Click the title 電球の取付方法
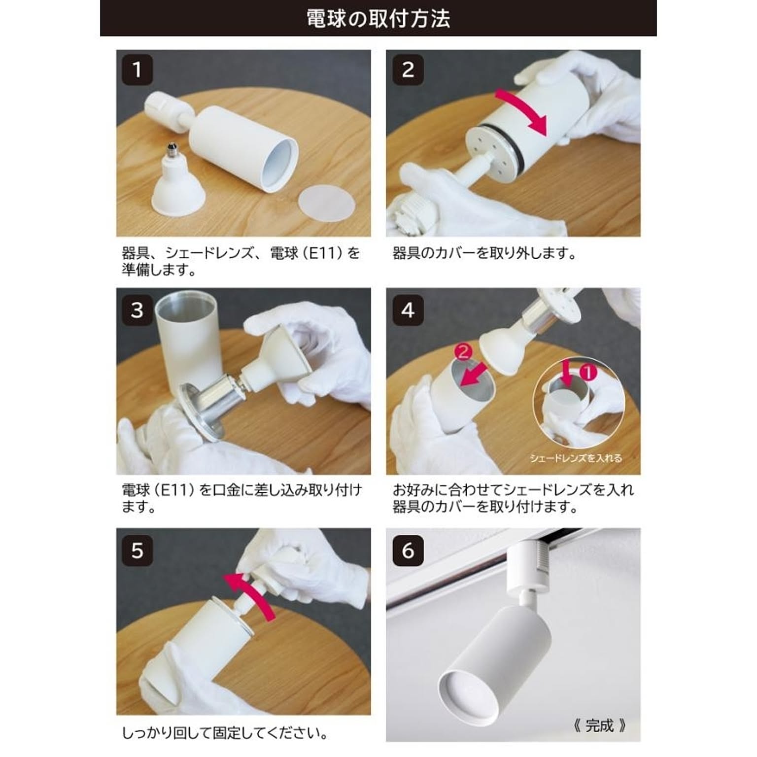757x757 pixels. coord(378,19)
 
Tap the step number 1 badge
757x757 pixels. coord(137,69)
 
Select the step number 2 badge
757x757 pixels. coord(408,69)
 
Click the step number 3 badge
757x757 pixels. coord(137,310)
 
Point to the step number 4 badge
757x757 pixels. coord(408,310)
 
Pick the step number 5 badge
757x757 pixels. coord(137,550)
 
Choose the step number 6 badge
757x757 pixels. coord(408,550)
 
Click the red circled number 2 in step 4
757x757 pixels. coord(462,352)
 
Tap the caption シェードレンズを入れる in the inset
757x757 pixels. coord(576,458)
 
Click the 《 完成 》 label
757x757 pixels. coord(599,725)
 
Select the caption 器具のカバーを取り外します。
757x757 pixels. coord(484,253)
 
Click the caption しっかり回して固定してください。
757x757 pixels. coord(225,733)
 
